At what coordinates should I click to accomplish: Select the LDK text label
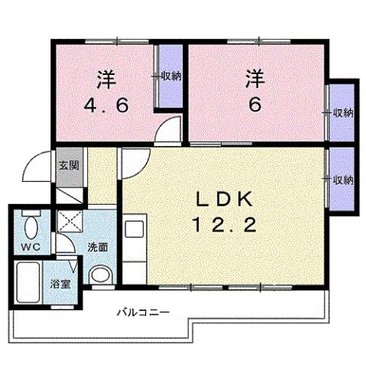coord(224,199)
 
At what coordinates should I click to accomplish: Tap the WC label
coord(29,247)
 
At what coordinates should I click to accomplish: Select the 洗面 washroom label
coord(96,248)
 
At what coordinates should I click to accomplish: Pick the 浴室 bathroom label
coord(57,282)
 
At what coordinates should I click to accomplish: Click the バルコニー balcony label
coord(143,312)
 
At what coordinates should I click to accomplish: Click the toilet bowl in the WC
coord(30,227)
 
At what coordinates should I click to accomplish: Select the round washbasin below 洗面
coord(99,276)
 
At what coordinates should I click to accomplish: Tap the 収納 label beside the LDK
coord(340,180)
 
